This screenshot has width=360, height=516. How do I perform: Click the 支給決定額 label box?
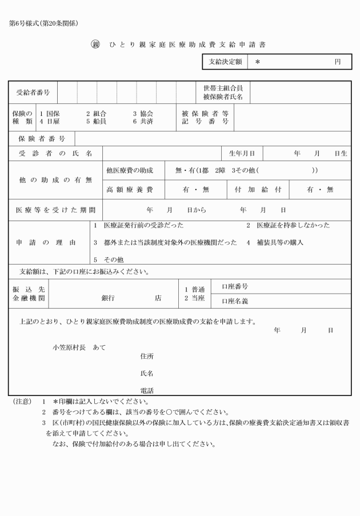point(225,62)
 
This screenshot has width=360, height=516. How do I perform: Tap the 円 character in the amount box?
point(338,62)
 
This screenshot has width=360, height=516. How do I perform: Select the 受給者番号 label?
point(33,92)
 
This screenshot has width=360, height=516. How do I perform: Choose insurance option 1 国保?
point(50,114)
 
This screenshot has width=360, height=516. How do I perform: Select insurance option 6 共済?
point(143,122)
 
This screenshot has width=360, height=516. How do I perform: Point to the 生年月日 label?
point(242,154)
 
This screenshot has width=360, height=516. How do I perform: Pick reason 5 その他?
point(109,259)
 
